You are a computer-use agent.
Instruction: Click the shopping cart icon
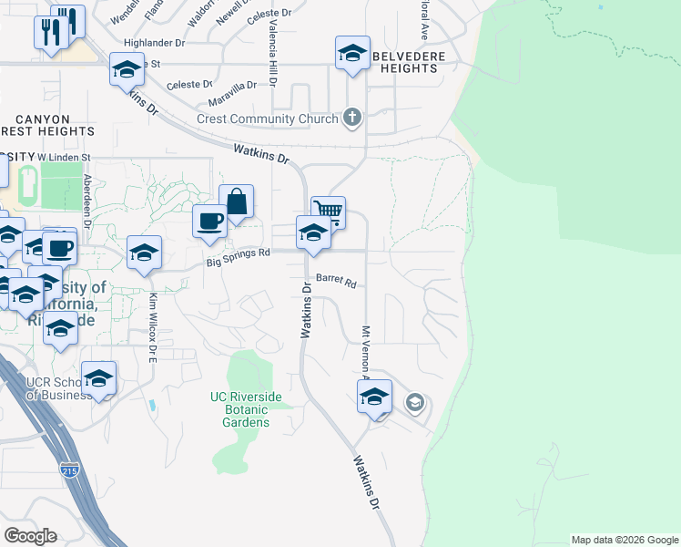[329, 212]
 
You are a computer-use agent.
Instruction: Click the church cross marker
[353, 118]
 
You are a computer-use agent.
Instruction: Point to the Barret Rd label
[335, 282]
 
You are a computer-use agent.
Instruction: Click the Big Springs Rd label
[239, 253]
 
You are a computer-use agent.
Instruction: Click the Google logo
[30, 535]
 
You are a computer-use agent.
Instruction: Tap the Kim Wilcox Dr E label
[154, 324]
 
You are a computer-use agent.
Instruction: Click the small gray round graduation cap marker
[415, 403]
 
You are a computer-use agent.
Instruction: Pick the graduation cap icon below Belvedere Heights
[352, 54]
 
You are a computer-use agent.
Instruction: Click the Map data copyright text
[624, 540]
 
